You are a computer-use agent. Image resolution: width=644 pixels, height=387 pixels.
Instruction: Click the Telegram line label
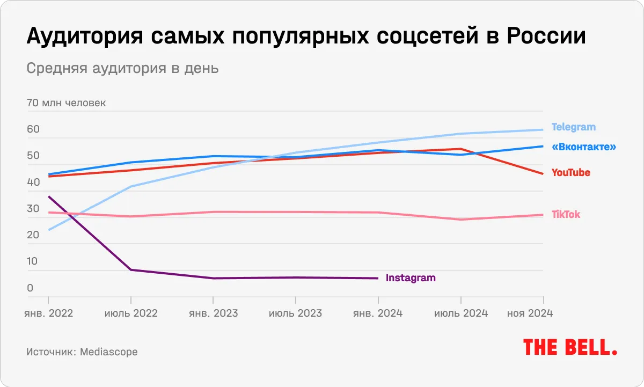[573, 127]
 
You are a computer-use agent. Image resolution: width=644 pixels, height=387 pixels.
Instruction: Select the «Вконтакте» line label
[584, 147]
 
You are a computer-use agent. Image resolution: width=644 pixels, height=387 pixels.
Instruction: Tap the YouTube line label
[571, 173]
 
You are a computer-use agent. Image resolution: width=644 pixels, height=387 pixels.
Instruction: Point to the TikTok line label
[566, 215]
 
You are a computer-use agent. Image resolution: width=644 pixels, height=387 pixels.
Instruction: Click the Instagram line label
[411, 278]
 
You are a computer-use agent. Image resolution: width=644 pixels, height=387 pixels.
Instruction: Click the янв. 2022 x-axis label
[49, 313]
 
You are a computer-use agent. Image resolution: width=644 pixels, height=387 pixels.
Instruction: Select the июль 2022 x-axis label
[131, 313]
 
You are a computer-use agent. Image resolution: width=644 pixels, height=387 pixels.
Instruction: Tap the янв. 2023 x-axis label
[214, 313]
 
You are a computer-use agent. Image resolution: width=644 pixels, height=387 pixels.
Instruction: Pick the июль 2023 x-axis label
[296, 313]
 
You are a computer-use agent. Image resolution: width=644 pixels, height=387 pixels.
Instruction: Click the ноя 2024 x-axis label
[530, 313]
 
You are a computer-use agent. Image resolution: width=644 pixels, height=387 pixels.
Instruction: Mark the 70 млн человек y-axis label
[66, 103]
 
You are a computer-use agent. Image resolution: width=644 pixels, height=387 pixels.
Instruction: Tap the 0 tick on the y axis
[30, 288]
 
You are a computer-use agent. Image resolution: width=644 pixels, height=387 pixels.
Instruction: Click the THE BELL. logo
[570, 347]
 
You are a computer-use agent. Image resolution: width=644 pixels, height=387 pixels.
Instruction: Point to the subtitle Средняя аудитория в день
[122, 69]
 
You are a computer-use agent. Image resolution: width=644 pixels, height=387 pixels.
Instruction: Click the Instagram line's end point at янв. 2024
[378, 278]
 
